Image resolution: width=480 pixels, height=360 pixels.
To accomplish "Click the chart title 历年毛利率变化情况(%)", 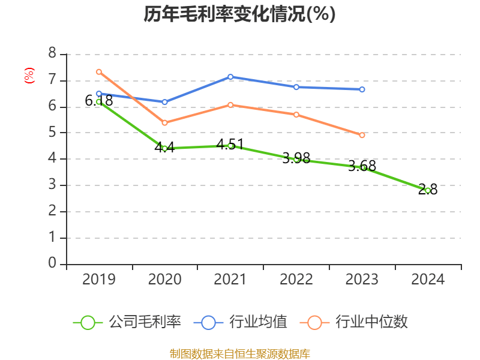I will [x=239, y=14].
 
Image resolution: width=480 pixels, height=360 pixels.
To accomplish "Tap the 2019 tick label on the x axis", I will [x=99, y=279].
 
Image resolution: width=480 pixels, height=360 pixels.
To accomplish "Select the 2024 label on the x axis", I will [x=428, y=279].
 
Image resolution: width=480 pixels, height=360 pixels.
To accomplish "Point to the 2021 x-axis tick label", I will [x=230, y=279].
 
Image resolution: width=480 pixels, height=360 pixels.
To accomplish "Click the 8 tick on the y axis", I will [x=53, y=54].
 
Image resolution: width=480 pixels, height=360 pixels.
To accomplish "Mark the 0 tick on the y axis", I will [x=53, y=264].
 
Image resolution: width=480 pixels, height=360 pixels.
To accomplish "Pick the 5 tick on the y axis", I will [x=53, y=133].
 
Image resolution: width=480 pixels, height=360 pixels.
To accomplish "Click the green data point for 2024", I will [x=428, y=190].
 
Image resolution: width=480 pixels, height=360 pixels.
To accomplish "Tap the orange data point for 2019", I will [x=99, y=72].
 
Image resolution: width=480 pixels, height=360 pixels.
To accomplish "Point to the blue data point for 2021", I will [x=230, y=77].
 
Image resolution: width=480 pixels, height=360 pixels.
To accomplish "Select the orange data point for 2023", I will [x=362, y=136].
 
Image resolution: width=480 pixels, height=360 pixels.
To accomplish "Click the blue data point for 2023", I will [x=362, y=89].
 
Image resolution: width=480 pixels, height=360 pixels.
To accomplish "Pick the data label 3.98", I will [x=296, y=158].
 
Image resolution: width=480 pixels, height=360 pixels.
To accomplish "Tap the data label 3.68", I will [x=362, y=166].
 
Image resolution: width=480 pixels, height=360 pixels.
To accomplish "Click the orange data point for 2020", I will [x=165, y=122].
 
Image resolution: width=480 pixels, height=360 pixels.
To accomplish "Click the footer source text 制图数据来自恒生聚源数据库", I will [x=239, y=353].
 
